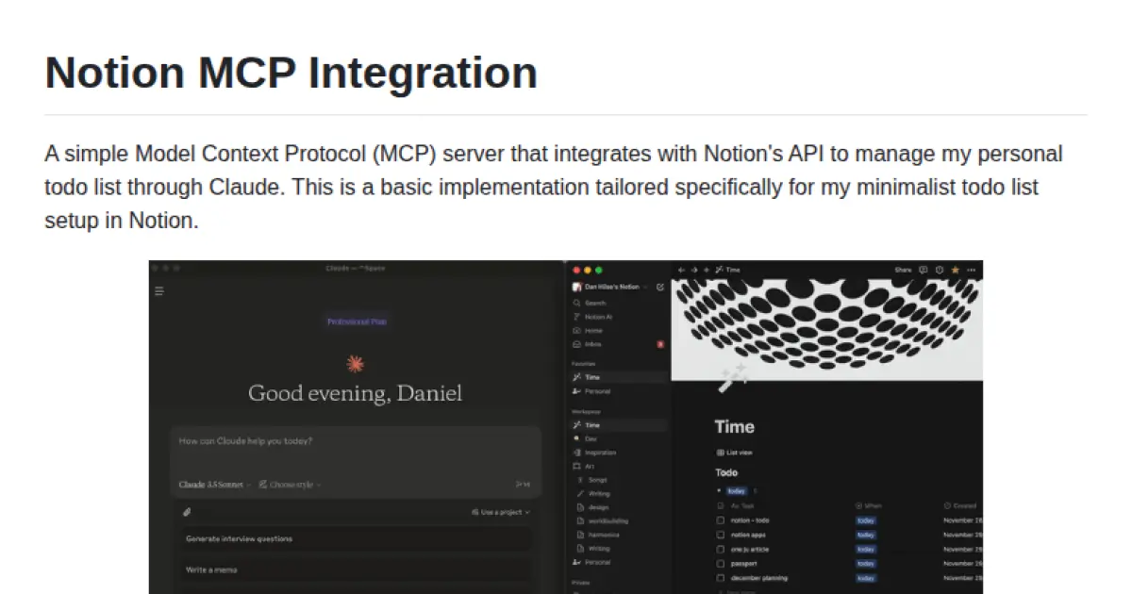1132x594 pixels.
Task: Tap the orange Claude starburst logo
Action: (355, 364)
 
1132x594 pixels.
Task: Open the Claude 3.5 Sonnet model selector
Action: (215, 485)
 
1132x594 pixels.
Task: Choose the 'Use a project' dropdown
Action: (501, 512)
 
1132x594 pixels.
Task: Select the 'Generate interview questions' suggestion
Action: (239, 538)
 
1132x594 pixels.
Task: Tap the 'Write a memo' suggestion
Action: (211, 569)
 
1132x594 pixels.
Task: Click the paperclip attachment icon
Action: (187, 512)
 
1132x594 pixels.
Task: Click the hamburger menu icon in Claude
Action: (159, 291)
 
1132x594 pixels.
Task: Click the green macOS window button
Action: (598, 270)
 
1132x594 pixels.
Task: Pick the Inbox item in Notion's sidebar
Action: (593, 344)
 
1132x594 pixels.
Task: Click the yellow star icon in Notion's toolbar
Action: (955, 270)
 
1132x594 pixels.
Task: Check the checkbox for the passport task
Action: (720, 564)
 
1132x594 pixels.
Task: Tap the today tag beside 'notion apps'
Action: (865, 535)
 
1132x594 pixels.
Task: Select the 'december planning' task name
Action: (758, 578)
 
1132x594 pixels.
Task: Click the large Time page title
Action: (734, 426)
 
